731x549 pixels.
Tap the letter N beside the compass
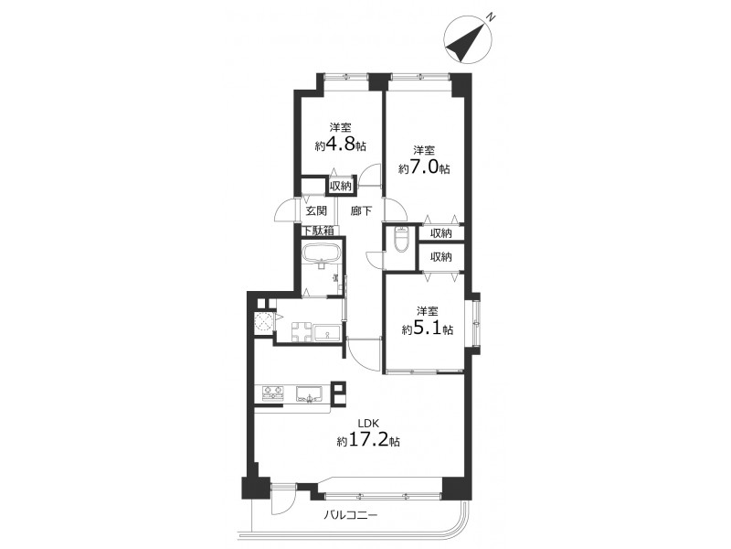491,16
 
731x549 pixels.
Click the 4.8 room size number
340,145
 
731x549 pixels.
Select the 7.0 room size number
424,167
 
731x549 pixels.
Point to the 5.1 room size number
427,329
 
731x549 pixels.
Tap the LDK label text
368,424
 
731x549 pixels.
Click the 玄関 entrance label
316,210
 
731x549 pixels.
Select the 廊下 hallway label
361,210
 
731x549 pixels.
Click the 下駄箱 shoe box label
319,231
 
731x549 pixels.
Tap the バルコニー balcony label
351,515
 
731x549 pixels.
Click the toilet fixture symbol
400,240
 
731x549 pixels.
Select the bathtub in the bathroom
323,253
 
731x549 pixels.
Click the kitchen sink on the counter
310,394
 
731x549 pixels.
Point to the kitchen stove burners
272,393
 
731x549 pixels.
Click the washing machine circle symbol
263,321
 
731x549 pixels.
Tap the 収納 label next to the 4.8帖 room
340,186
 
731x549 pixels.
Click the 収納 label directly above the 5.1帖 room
440,256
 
